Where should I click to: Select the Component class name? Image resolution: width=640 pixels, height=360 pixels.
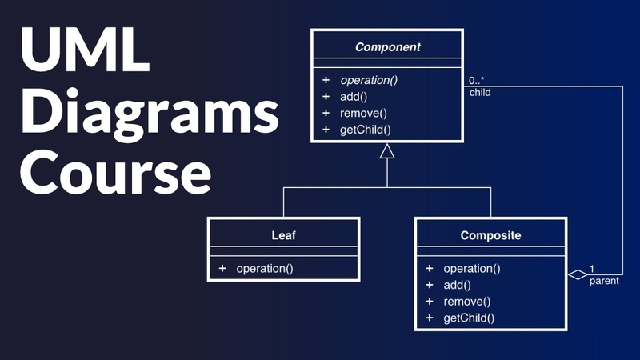click(387, 47)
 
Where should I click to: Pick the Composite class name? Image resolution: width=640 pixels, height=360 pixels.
click(491, 235)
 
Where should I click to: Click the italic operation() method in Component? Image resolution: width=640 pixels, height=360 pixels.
click(370, 81)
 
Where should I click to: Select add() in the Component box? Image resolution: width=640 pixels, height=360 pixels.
click(354, 97)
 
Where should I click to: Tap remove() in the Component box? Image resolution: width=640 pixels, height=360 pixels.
click(363, 113)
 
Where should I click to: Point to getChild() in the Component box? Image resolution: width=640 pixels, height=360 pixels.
click(366, 129)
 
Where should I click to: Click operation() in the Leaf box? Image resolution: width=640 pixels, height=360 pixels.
click(265, 268)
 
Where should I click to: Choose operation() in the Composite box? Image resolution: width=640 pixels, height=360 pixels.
click(472, 269)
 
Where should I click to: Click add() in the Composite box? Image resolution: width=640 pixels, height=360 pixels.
click(458, 285)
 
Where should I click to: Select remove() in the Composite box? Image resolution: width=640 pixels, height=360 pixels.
click(466, 301)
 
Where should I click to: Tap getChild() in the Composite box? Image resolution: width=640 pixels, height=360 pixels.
click(469, 317)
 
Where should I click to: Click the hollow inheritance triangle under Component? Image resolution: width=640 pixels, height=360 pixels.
click(387, 151)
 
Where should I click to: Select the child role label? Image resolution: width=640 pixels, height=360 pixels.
click(480, 92)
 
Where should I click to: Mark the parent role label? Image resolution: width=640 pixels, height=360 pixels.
click(603, 282)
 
